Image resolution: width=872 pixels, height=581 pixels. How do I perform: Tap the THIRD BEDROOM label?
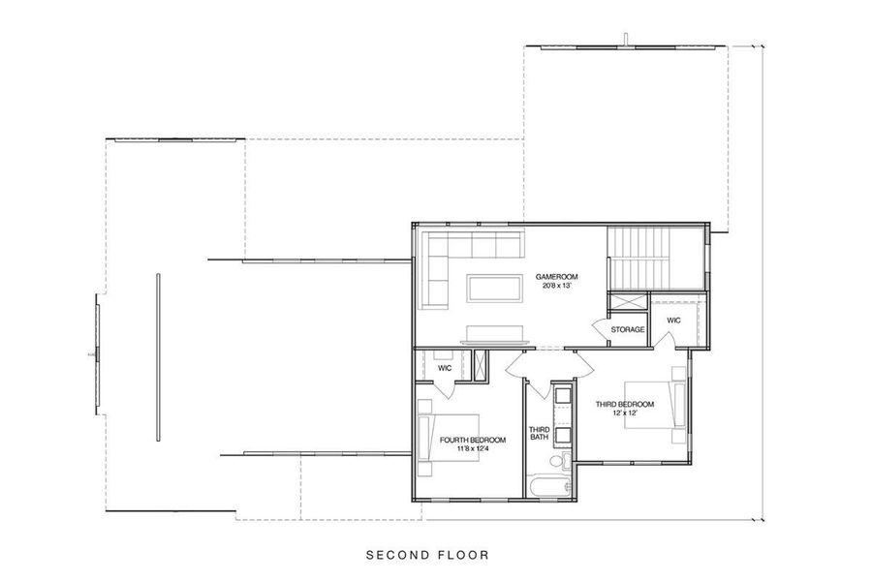[x=624, y=404]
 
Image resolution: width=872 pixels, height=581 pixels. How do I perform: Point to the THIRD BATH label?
[x=539, y=434]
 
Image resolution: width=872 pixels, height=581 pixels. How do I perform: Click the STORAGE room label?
[x=628, y=330]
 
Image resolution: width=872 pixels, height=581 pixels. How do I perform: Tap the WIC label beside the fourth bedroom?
[x=445, y=369]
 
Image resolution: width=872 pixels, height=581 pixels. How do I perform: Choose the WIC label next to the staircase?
[x=673, y=320]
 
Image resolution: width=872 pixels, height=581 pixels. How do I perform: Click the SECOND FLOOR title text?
[x=427, y=556]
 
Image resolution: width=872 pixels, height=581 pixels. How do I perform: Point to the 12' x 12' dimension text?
[x=624, y=413]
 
